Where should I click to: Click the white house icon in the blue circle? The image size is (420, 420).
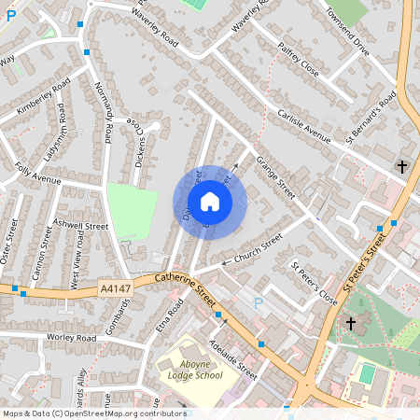[210, 202]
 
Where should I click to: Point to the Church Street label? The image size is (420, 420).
[259, 247]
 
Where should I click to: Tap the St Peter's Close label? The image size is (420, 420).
[314, 284]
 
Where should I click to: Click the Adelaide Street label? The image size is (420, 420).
[233, 356]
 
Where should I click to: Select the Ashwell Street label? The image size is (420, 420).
[81, 227]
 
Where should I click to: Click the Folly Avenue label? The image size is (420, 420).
[39, 174]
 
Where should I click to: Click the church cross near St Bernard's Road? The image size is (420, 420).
[402, 166]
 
